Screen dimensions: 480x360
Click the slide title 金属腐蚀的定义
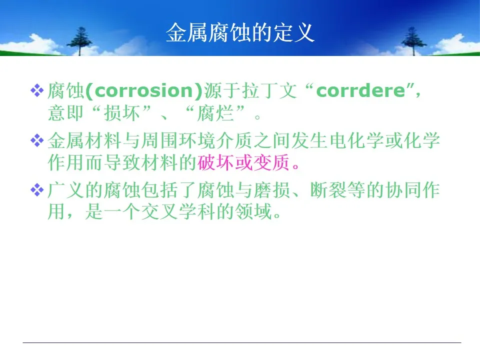pos(240,32)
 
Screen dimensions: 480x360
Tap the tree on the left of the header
pos(79,41)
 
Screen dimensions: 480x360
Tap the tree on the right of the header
pos(413,41)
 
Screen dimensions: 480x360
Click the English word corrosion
pos(144,90)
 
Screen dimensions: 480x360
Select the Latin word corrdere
pos(360,90)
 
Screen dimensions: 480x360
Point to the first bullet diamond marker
pos(37,90)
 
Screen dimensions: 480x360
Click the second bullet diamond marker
pos(37,140)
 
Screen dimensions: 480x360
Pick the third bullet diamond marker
pos(37,190)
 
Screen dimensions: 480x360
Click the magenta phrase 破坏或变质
pos(243,162)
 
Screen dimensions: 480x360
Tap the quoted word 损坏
pos(122,113)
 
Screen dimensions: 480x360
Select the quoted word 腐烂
pos(215,113)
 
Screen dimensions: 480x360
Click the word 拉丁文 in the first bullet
pos(269,90)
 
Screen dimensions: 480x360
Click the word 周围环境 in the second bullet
pos(178,140)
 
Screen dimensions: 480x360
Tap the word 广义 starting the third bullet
pos(66,190)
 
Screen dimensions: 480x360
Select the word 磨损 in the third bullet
pos(272,190)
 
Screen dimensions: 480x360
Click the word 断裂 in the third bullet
pos(328,190)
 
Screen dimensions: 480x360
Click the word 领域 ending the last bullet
pos(253,211)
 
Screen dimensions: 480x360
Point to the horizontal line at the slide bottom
pos(242,342)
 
